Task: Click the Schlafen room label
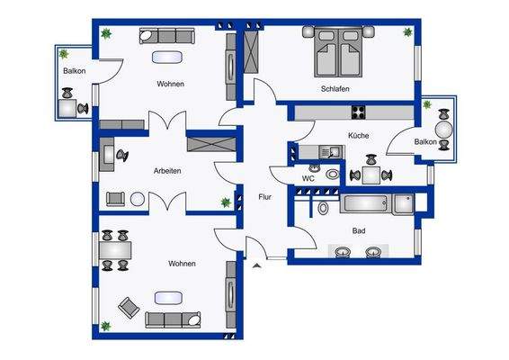click(x=334, y=89)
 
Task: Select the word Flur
click(x=265, y=196)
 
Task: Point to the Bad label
click(x=359, y=231)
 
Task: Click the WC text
click(x=308, y=178)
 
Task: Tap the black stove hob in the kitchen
click(x=359, y=112)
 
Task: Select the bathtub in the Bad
click(x=369, y=204)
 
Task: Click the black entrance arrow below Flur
click(x=259, y=265)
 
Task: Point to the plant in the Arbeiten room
click(x=225, y=202)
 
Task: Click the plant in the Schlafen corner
click(x=410, y=33)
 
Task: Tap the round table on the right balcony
click(x=442, y=127)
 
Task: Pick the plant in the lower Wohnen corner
click(x=105, y=326)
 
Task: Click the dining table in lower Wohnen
click(x=115, y=249)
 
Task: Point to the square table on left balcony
click(x=67, y=108)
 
